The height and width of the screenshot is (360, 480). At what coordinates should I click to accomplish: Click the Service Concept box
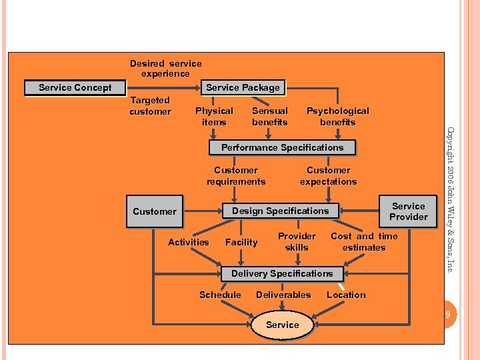click(75, 88)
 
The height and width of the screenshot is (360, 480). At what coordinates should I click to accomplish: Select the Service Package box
click(243, 88)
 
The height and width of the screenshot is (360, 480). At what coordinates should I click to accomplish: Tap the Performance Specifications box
click(282, 147)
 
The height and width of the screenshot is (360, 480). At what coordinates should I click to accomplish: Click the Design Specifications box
click(280, 211)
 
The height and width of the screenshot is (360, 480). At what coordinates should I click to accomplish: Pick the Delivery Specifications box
click(281, 274)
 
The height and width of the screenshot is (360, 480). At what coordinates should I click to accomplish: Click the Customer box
click(154, 212)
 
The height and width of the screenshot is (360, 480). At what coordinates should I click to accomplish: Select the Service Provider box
click(408, 211)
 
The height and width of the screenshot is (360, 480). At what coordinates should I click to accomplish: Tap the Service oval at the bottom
click(282, 325)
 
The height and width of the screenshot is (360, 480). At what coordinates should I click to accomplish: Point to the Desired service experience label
click(165, 69)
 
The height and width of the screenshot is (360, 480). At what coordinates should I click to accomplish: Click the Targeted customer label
click(150, 106)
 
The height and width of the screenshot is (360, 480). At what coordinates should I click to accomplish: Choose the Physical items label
click(214, 117)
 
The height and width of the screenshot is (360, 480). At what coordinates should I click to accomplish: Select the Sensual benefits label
click(270, 117)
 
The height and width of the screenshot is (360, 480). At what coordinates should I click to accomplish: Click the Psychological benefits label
click(337, 117)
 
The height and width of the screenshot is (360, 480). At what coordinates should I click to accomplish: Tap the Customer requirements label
click(236, 176)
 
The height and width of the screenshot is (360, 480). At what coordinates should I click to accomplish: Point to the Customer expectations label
click(328, 176)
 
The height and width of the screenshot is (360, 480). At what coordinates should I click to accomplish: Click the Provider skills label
click(297, 242)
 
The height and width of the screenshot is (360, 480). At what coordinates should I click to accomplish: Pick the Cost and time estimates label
click(364, 242)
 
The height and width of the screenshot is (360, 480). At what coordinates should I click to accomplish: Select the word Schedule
click(220, 295)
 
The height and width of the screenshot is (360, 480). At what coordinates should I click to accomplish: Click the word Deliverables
click(283, 295)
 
